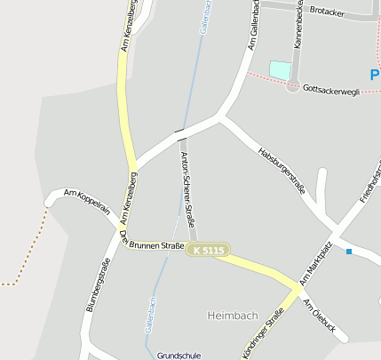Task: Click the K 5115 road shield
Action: coord(207,251)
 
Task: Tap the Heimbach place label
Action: coord(232,316)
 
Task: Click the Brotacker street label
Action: coord(328,11)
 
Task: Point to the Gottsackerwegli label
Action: coord(330,89)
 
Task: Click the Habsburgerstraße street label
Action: coord(281,170)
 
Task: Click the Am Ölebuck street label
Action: coord(320,316)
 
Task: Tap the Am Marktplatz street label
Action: coord(315,262)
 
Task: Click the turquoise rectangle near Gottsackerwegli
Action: coord(280,69)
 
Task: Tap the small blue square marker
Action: coord(349,252)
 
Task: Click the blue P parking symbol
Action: coord(375,76)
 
